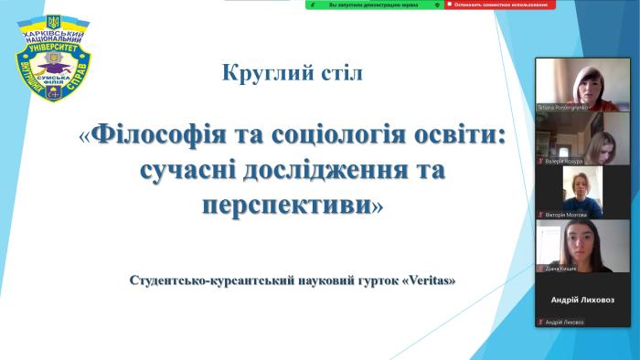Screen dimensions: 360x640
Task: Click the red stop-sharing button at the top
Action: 499,5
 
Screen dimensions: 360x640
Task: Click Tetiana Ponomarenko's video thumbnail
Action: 570,84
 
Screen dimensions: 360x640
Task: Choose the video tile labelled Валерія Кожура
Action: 570,138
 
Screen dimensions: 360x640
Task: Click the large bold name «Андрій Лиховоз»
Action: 570,300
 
